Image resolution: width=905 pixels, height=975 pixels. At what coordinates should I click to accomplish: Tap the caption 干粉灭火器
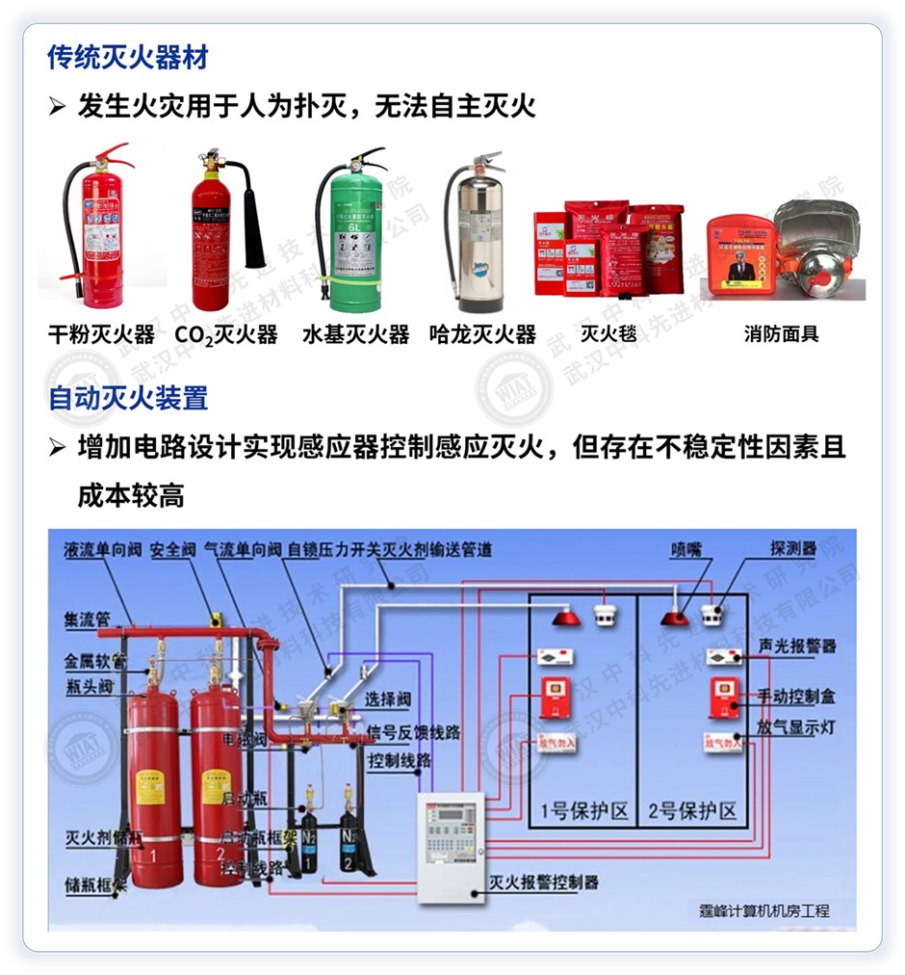tap(101, 335)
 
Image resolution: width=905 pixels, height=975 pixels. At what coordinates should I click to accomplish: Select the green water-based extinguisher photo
tap(350, 236)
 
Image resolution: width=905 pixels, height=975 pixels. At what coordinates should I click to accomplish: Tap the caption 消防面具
tap(781, 335)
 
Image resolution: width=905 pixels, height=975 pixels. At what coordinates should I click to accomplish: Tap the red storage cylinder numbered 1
tap(155, 790)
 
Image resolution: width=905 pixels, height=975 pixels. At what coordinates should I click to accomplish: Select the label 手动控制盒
tap(796, 695)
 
